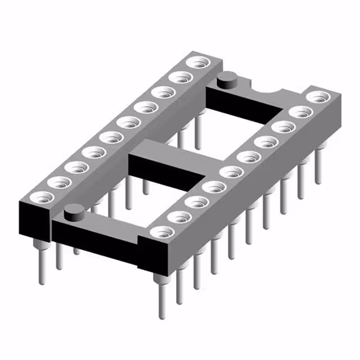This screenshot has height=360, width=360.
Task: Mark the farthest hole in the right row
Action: tap(319, 97)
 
